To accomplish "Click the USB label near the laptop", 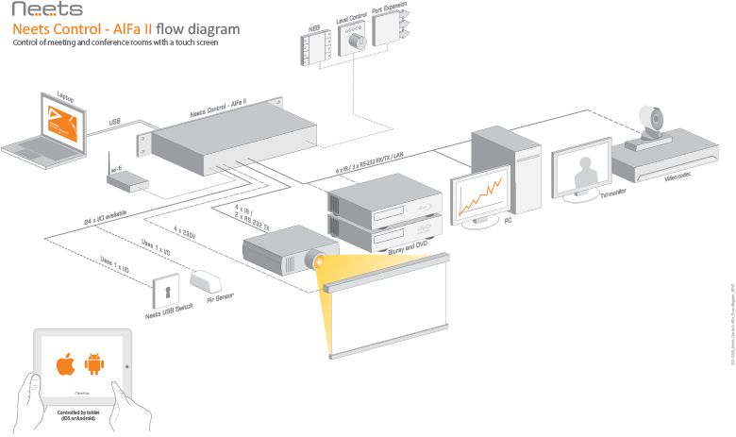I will (114, 123).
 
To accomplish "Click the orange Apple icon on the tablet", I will (65, 363).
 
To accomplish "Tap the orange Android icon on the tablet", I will (93, 363).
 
